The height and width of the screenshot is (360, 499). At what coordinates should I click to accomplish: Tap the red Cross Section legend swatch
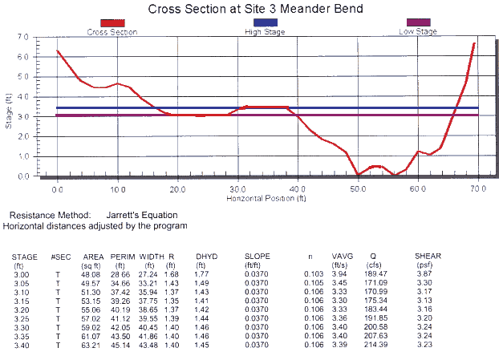point(113,23)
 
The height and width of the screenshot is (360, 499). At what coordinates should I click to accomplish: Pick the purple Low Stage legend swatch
point(418,23)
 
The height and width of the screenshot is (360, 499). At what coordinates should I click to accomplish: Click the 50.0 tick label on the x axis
point(359,188)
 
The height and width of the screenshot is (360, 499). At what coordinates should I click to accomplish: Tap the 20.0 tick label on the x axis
point(178,188)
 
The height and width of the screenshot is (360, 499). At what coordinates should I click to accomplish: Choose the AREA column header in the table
point(94,257)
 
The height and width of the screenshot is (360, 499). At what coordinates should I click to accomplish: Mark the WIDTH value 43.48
point(150,346)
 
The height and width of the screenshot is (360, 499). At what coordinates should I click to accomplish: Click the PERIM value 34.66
point(120,283)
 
